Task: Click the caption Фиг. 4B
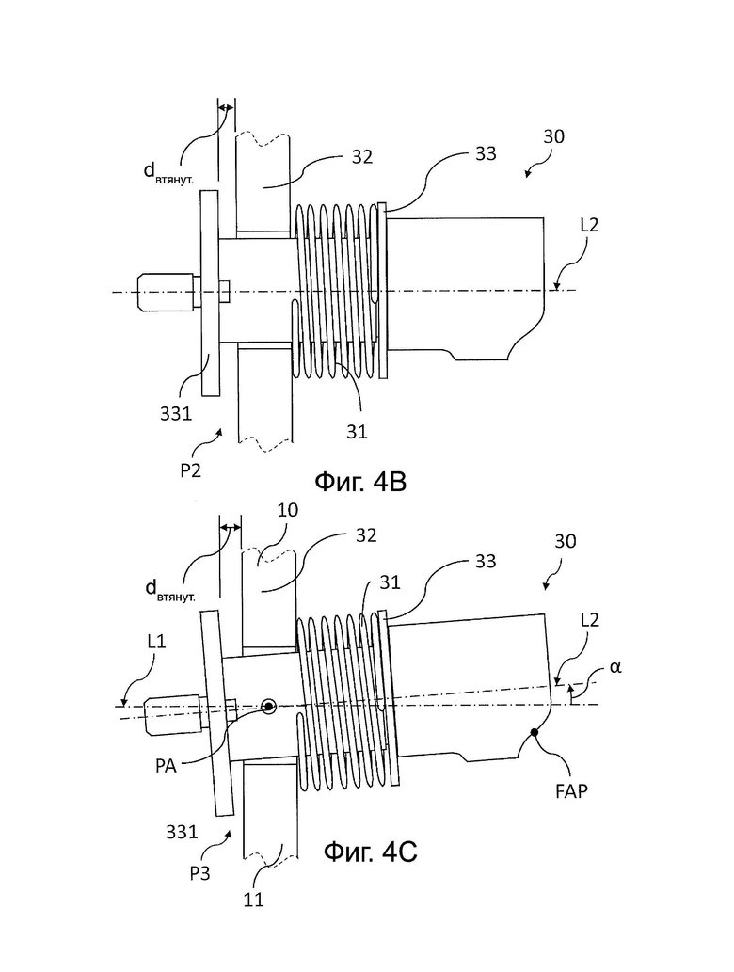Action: tap(360, 482)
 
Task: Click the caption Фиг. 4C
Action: tap(370, 852)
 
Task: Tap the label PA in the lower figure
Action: tap(167, 766)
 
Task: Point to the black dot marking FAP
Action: tap(534, 733)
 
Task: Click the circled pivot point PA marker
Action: tap(269, 706)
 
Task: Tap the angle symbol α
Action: tap(615, 667)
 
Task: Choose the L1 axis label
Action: tap(156, 641)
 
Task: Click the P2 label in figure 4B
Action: tap(191, 471)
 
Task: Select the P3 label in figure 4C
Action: tap(199, 873)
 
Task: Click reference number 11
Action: tap(253, 900)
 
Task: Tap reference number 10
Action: tap(288, 510)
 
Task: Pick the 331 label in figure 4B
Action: tap(176, 413)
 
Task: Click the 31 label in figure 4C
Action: tap(390, 582)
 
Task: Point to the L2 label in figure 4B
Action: tap(589, 225)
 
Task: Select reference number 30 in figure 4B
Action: tap(553, 136)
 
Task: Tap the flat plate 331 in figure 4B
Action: tap(210, 294)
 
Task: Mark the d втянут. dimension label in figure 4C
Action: tap(169, 590)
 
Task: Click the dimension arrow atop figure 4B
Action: tap(227, 108)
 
